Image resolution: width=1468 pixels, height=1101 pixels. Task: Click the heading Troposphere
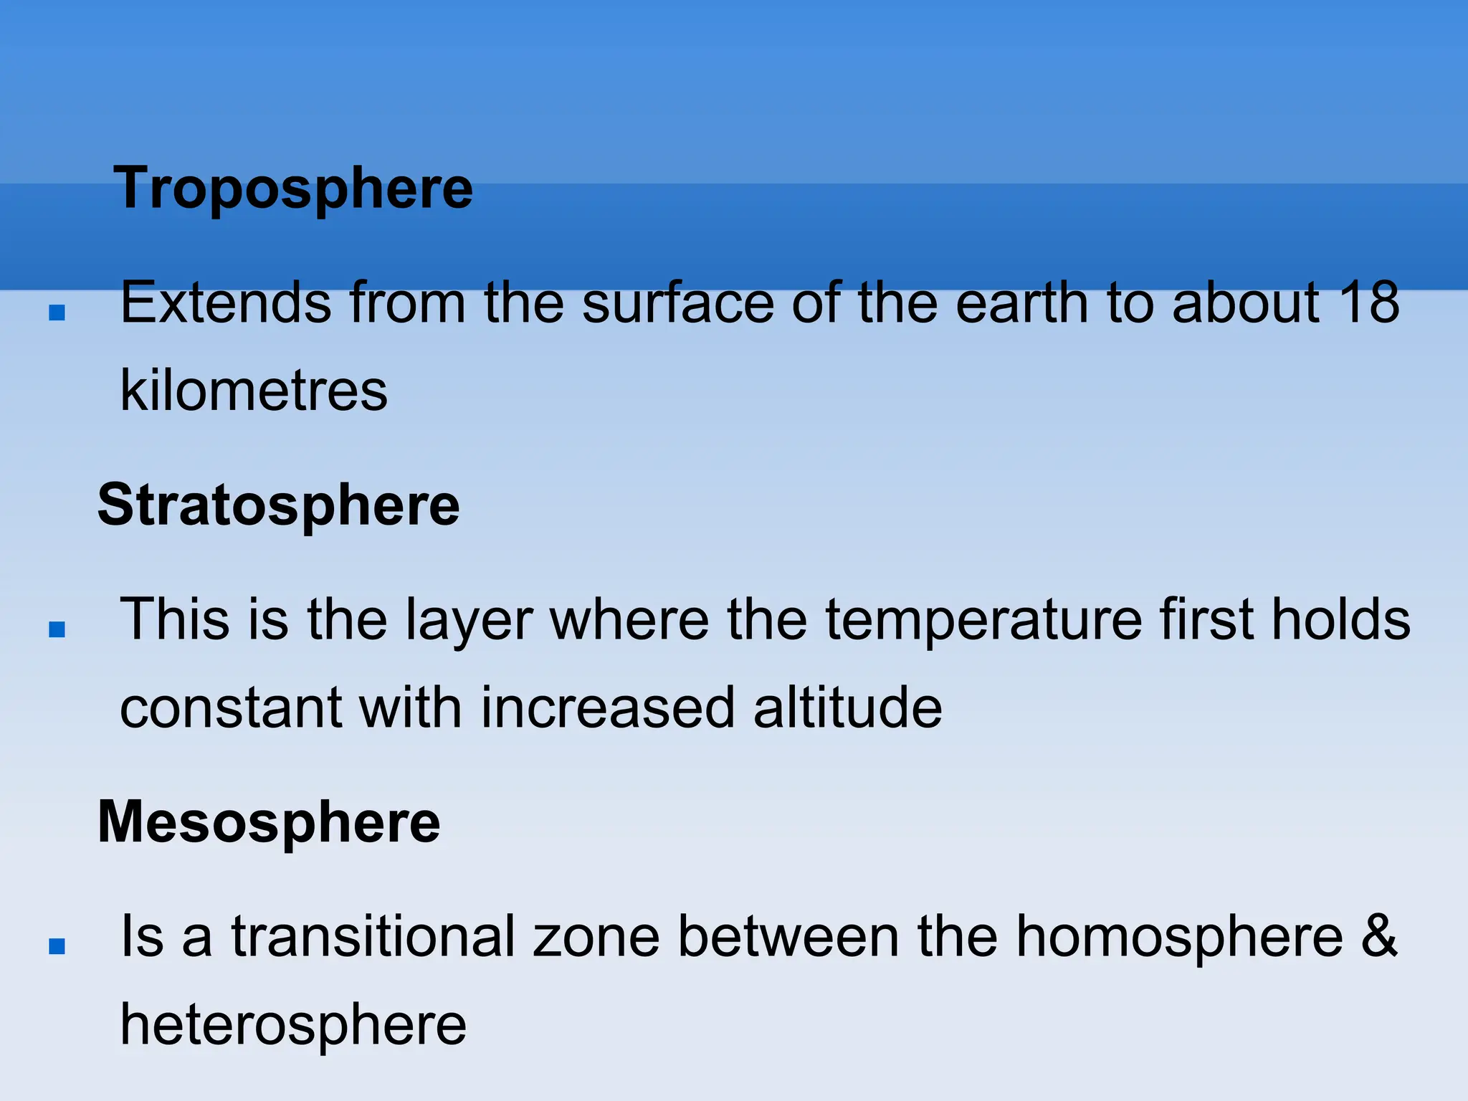coord(293,188)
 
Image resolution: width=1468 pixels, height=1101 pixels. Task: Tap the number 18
coord(1368,302)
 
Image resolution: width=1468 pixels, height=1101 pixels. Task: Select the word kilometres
coord(254,391)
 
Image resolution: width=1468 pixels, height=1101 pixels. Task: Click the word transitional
coord(373,936)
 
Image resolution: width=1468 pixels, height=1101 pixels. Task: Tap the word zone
coord(596,936)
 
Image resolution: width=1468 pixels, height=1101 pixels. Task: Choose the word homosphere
coord(1179,936)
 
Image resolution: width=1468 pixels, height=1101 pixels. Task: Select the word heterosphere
coord(293,1024)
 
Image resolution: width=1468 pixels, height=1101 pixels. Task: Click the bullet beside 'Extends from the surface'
coord(57,313)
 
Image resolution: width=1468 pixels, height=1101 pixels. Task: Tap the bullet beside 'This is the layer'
coord(57,629)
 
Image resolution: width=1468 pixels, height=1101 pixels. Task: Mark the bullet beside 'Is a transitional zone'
coord(57,946)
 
